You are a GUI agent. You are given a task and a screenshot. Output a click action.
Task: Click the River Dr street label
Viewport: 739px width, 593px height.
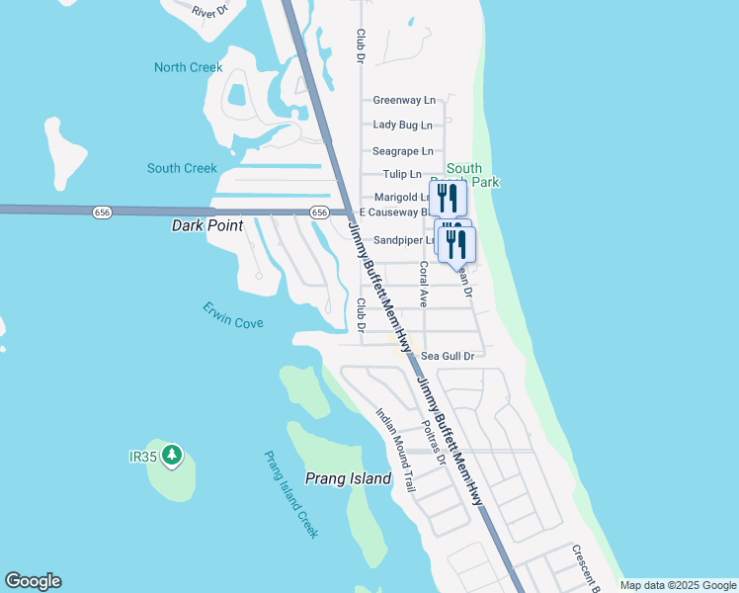pyautogui.click(x=210, y=12)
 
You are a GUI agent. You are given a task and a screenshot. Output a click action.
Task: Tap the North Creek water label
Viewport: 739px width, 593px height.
pyautogui.click(x=188, y=67)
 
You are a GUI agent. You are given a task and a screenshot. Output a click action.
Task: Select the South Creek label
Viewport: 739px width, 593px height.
pyautogui.click(x=182, y=168)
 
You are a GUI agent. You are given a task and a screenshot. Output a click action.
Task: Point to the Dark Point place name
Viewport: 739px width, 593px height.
pyautogui.click(x=207, y=225)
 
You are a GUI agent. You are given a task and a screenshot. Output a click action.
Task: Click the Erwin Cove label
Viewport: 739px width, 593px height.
pyautogui.click(x=233, y=316)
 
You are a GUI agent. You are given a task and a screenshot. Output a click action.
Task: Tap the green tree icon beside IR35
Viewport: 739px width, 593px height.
pyautogui.click(x=173, y=455)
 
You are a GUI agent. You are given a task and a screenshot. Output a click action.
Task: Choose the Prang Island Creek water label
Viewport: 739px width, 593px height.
pyautogui.click(x=290, y=494)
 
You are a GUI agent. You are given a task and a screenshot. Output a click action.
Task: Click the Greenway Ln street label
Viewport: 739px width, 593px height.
pyautogui.click(x=403, y=100)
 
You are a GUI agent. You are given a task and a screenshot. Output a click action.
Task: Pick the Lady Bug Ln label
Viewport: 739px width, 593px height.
pyautogui.click(x=402, y=126)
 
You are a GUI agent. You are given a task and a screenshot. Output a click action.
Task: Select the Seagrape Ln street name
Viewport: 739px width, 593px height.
pyautogui.click(x=402, y=151)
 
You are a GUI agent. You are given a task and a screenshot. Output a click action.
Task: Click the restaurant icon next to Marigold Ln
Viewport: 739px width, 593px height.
pyautogui.click(x=448, y=198)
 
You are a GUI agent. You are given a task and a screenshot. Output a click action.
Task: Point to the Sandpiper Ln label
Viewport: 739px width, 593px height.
pyautogui.click(x=404, y=240)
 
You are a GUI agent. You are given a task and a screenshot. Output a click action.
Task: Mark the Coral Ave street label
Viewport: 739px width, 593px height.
pyautogui.click(x=423, y=285)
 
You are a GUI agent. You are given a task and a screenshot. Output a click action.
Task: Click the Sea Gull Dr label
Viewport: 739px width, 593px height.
pyautogui.click(x=448, y=356)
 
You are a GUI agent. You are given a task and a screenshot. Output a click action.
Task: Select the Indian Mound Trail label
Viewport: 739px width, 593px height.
pyautogui.click(x=395, y=451)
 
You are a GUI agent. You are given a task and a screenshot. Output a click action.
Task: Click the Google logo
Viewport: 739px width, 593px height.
pyautogui.click(x=33, y=581)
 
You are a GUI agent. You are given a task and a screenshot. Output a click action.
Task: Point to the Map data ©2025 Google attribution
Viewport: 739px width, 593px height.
pyautogui.click(x=677, y=585)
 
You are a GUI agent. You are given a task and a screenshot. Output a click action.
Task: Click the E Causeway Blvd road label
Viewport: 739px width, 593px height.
pyautogui.click(x=392, y=212)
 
